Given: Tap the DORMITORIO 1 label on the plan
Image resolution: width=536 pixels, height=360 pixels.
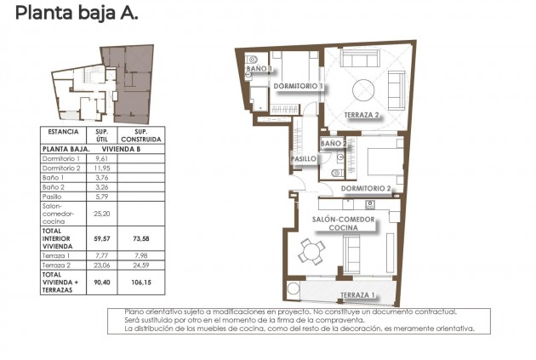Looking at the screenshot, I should (x=297, y=87).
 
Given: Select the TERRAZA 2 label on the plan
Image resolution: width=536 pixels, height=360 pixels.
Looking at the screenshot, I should (x=362, y=115).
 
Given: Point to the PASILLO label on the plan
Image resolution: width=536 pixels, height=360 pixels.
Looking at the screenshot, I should (x=304, y=159).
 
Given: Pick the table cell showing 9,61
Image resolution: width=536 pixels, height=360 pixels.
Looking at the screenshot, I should (x=101, y=159).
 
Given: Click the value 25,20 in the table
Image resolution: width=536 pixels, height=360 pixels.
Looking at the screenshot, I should (x=101, y=215).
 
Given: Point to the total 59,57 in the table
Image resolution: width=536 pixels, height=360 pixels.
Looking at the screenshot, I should (x=101, y=239).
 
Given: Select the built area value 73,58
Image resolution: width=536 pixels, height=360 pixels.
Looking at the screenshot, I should (x=141, y=239).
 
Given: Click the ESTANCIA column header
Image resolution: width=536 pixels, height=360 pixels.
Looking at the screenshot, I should (x=64, y=133).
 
